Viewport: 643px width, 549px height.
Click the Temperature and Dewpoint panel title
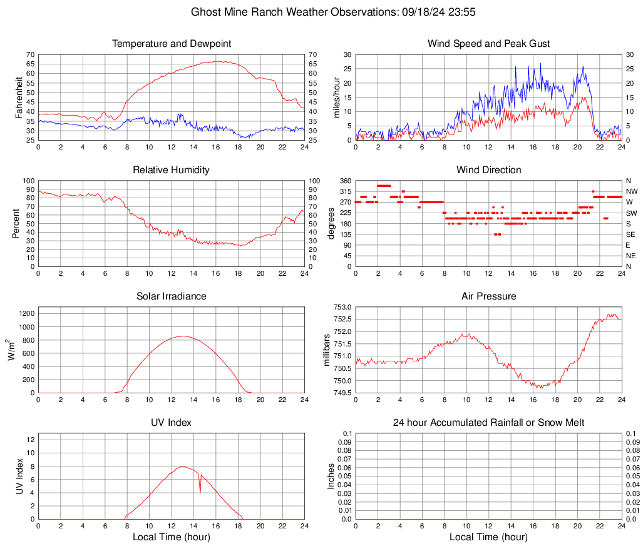click(x=172, y=44)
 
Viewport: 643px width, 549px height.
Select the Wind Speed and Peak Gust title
click(x=488, y=44)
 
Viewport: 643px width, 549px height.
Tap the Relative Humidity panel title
click(x=172, y=170)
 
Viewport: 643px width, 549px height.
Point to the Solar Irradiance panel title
click(x=172, y=296)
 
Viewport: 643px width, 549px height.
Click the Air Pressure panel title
click(x=488, y=296)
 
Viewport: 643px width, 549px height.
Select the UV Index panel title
click(x=172, y=423)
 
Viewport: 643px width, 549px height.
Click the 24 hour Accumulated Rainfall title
click(x=488, y=423)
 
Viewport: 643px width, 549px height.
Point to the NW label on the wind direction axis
click(x=632, y=191)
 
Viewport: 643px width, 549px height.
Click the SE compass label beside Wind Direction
click(x=632, y=234)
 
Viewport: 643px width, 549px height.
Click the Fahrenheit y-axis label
click(x=18, y=98)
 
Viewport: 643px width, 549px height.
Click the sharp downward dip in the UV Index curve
click(x=200, y=491)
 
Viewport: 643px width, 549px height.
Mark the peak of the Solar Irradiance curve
click(x=182, y=336)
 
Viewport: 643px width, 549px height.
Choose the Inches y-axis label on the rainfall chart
click(x=331, y=476)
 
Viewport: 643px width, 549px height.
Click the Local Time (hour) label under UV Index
click(x=172, y=536)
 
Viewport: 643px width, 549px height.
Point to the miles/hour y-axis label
click(x=336, y=98)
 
